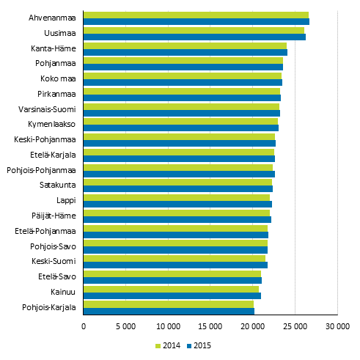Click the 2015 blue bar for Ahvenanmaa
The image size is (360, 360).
coord(196,22)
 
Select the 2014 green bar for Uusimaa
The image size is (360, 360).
coord(194,30)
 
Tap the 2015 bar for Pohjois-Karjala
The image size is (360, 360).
coord(169,311)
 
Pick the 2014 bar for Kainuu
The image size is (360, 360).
coord(171,289)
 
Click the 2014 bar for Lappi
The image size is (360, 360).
coord(177,197)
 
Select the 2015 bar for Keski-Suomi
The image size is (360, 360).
coord(175,265)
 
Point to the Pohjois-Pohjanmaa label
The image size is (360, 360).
coord(41,169)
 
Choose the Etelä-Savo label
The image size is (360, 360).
coord(57,276)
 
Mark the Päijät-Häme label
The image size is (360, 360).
coord(56,216)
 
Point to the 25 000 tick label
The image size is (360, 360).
coord(295,326)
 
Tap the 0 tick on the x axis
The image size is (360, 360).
coord(84,326)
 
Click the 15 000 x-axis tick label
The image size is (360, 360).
coord(210,326)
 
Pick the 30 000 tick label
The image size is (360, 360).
coord(337,326)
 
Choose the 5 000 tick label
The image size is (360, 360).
coord(125,326)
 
